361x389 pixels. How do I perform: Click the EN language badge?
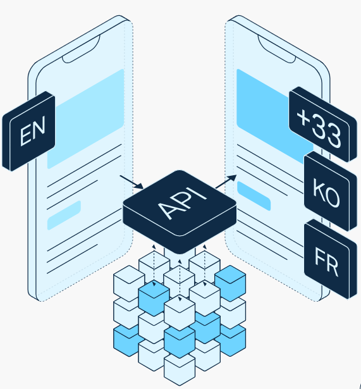pos(28,131)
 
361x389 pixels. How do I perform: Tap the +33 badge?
pos(323,124)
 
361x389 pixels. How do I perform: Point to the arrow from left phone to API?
pos(132,182)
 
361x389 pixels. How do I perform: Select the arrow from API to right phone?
pos(226,182)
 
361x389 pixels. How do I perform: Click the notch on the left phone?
pos(81,49)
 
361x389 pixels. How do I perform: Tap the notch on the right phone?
pos(277,49)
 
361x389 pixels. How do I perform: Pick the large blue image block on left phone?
pos(85,119)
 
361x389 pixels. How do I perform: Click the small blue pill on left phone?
pos(64,215)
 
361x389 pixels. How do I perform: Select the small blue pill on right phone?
pos(254,196)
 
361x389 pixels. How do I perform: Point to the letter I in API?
pos(200,194)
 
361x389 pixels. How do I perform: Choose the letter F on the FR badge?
pos(320,257)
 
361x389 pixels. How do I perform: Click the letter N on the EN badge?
pos(39,128)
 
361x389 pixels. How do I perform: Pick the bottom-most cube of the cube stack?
pos(180,369)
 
